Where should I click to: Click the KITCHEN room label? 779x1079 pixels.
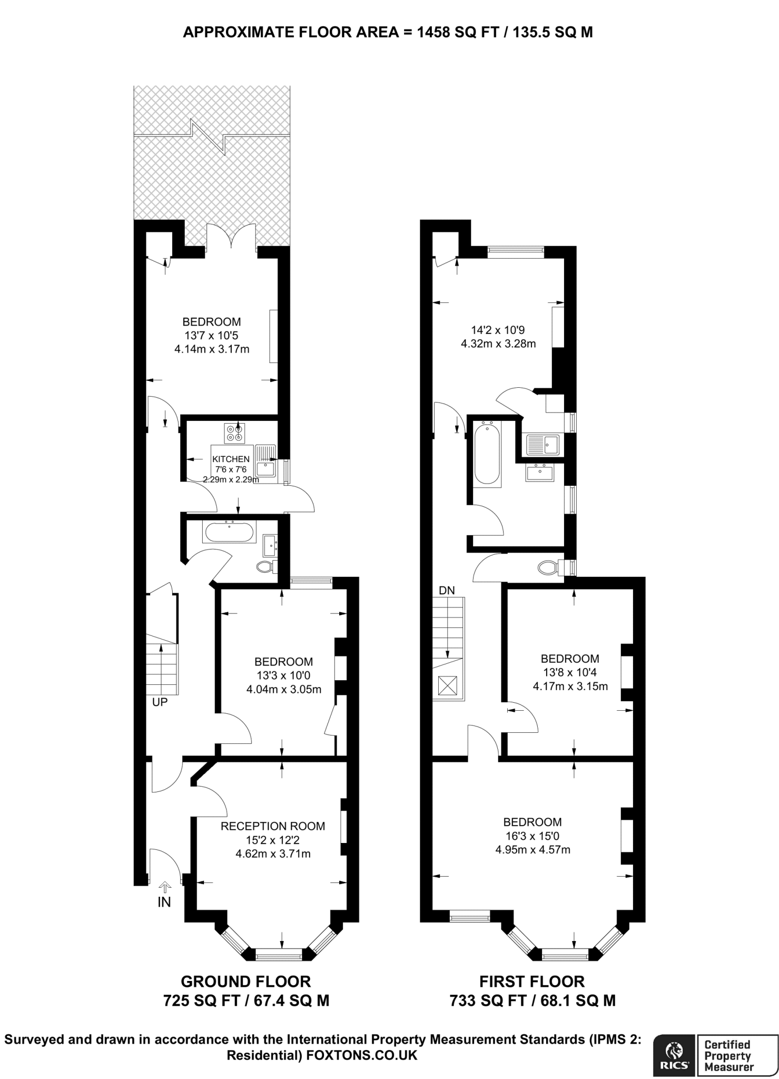(231, 459)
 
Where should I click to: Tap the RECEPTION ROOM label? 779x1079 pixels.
(272, 826)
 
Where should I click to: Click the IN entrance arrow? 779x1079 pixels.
(164, 887)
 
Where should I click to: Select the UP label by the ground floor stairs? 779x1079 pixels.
(160, 702)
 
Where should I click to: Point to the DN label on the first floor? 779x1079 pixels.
(447, 590)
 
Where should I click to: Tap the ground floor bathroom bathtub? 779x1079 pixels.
(230, 533)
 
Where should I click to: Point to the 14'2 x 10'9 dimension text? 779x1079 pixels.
(498, 330)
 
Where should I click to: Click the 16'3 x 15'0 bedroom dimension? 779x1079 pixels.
(533, 836)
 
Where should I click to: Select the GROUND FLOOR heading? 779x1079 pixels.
(245, 981)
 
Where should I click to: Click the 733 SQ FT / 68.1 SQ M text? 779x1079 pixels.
(533, 1000)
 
